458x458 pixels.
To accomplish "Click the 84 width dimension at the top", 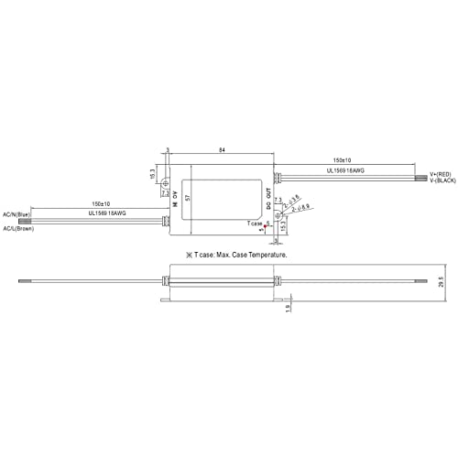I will point(223,148).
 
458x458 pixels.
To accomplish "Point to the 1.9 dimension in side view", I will point(290,311).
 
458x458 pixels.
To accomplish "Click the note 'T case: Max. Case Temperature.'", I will point(236,254).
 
